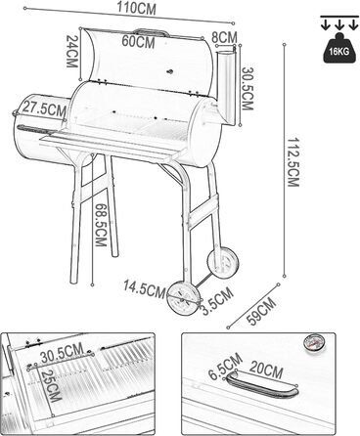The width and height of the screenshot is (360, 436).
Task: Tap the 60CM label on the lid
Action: tap(138, 42)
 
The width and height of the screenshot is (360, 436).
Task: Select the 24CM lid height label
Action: tap(71, 51)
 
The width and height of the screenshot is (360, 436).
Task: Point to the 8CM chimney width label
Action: tap(224, 37)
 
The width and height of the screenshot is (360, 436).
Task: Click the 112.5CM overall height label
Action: tap(292, 161)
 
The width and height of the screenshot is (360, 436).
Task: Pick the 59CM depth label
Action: tap(262, 311)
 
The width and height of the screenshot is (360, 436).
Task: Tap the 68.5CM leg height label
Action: tap(101, 225)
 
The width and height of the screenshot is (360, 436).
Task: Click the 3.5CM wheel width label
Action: tap(217, 301)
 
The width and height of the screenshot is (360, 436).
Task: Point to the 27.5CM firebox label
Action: tap(44, 109)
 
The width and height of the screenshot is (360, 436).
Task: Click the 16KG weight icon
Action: tap(339, 48)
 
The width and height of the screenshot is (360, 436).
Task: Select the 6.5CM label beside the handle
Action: tap(226, 367)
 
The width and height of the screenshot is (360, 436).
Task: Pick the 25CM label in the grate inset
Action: tap(51, 386)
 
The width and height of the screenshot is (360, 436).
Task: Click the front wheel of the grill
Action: tap(184, 298)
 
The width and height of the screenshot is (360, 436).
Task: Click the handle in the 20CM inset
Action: tap(261, 385)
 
